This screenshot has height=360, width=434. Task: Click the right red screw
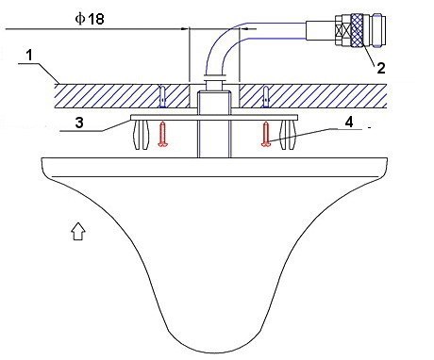point(266,135)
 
